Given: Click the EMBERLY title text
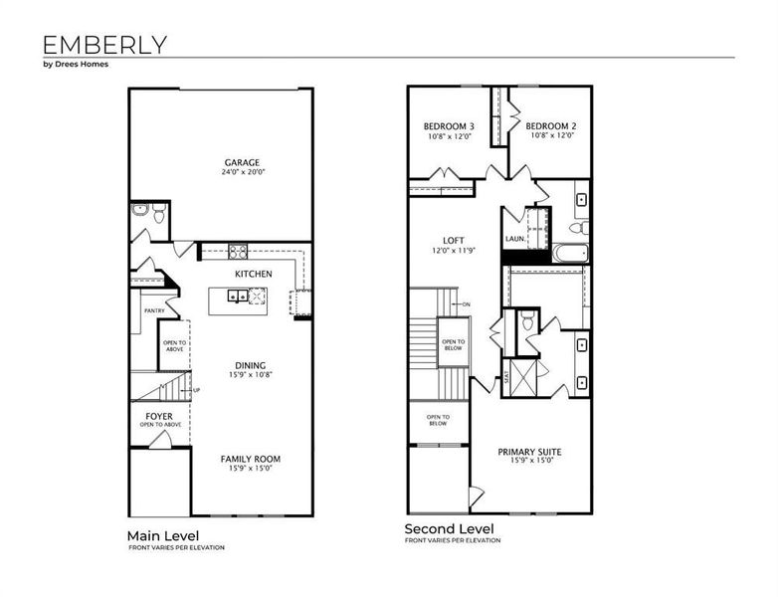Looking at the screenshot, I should coord(104,44).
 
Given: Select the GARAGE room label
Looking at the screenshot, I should coord(242,162).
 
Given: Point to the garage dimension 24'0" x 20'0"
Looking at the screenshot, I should coord(243,172).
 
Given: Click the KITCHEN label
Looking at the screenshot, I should coord(253,274).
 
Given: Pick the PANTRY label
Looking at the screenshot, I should coord(153,310).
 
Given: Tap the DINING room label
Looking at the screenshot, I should coord(250,365).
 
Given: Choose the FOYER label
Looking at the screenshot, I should coord(159,415).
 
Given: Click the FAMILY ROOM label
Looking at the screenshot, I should coord(250,459).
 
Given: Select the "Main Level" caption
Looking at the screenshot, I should coord(162,535).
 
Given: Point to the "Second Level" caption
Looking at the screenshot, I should coord(448,528).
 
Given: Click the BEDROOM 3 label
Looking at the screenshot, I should coord(449,126).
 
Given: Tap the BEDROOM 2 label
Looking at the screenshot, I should coord(551,126).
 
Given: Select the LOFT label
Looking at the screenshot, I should coord(454,241).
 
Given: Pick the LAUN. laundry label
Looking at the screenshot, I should coord(514,240).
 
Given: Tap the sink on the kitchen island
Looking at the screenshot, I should coord(237,296).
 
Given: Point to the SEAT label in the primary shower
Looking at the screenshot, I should coord(505,377).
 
